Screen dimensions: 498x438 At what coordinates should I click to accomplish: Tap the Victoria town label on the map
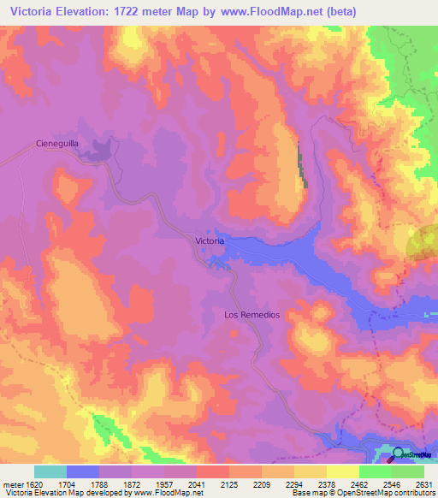(x=210, y=241)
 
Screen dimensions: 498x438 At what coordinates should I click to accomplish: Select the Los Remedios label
(x=252, y=315)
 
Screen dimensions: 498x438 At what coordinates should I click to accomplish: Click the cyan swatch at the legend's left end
(x=50, y=471)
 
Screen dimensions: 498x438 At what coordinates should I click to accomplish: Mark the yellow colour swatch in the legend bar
(x=342, y=471)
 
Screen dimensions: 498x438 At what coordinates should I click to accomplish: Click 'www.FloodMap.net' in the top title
(x=277, y=11)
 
